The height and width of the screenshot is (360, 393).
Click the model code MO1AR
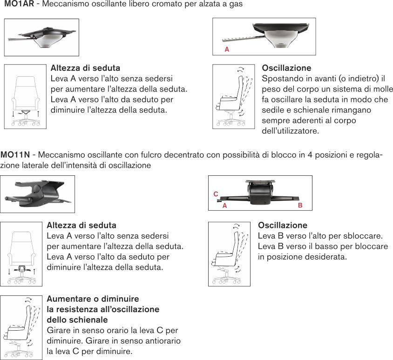pos(19,4)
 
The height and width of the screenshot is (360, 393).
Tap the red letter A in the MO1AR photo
pos(227,49)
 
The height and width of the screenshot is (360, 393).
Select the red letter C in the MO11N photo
pos(216,193)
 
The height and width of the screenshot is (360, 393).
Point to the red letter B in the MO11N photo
pos(300,205)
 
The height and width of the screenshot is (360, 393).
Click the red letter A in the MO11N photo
pos(224,205)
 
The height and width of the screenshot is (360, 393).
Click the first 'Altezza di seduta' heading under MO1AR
pos(85,68)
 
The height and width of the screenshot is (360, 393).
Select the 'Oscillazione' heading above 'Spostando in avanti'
pos(286,68)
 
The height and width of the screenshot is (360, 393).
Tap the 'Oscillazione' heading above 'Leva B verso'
pos(283,225)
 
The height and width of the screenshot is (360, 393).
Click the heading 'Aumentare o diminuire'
pos(93,299)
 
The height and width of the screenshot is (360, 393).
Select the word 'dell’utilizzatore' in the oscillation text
pos(291,131)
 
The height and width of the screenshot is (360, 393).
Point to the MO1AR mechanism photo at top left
pos(41,37)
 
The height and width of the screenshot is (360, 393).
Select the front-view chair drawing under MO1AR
pos(25,96)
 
